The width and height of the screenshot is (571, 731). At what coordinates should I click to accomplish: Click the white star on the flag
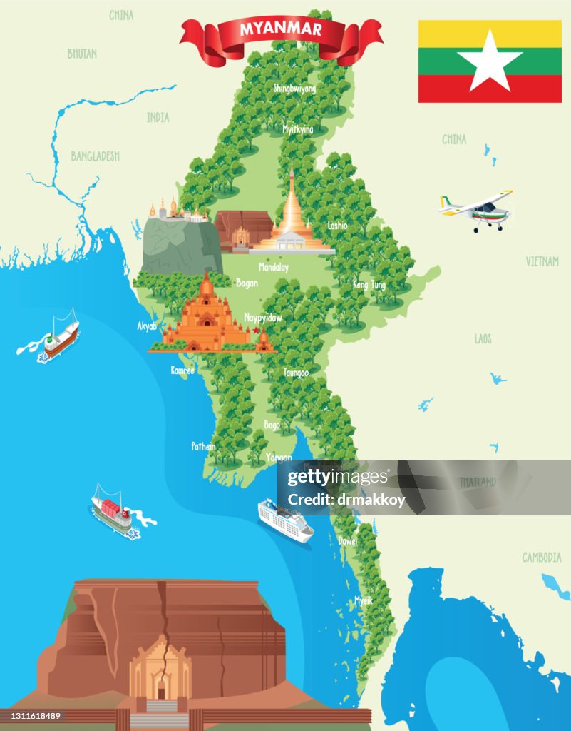pos(490,62)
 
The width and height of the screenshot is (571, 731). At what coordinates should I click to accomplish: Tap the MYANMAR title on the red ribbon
pos(281,29)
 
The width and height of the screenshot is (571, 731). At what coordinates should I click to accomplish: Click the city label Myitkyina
pos(298,129)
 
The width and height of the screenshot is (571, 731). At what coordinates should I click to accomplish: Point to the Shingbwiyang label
pos(294,89)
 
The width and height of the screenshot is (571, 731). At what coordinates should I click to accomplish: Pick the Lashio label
pos(338,226)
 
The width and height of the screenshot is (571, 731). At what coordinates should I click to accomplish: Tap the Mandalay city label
pos(274,268)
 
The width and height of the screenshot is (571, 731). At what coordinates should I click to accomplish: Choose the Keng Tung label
pos(369,285)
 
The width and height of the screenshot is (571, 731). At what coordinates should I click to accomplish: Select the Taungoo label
pos(296,373)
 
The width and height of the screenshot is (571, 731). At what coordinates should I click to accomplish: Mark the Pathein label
pos(203,446)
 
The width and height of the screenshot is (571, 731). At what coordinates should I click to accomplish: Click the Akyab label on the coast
pos(147,326)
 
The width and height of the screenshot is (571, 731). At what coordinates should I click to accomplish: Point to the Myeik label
pos(364,600)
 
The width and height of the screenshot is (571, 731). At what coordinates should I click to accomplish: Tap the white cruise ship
pos(285,520)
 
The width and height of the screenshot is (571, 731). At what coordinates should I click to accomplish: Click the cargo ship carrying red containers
pos(111,510)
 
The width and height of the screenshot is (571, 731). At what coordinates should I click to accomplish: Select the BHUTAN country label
pos(82,54)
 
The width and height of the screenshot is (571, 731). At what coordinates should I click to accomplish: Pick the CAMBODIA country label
pos(542,558)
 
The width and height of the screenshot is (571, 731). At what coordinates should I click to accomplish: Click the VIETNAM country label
pos(542,262)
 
